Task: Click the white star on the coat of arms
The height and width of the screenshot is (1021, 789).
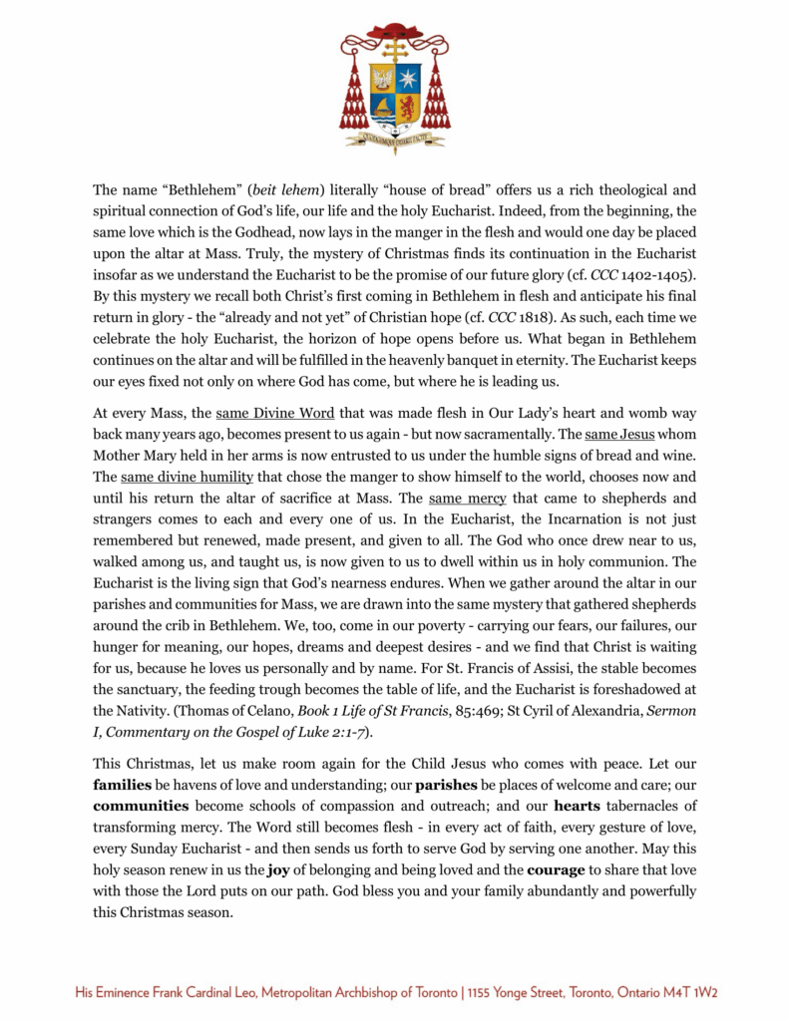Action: [407, 78]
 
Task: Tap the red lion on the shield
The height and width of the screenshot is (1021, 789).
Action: [407, 106]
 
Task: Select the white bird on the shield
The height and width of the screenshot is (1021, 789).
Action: [381, 78]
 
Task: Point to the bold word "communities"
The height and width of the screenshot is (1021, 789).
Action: [142, 805]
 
